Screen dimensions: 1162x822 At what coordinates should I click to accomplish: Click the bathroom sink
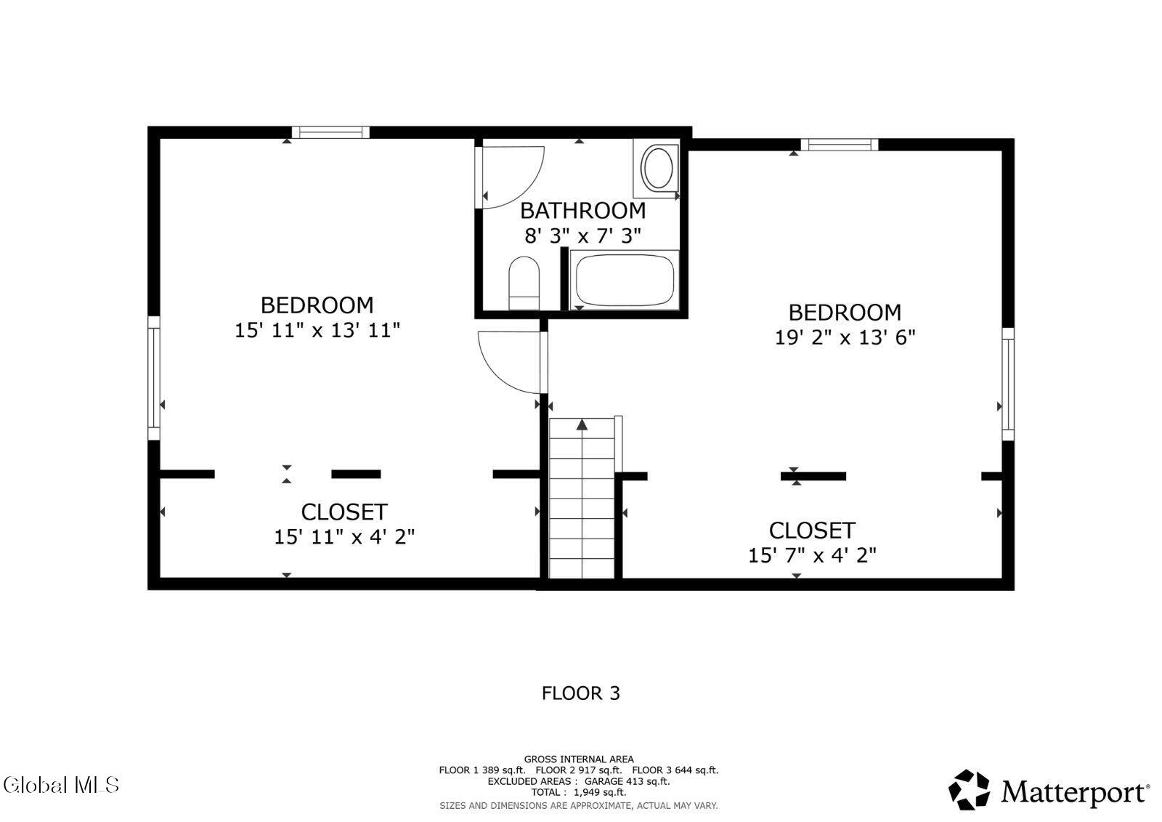pos(657,168)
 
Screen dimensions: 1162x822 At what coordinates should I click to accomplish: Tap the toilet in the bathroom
pos(524,283)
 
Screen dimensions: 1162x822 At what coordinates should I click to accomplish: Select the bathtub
pos(625,281)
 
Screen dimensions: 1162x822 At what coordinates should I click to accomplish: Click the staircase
pos(582,498)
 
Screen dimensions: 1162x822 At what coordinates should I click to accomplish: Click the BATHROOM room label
pos(583,211)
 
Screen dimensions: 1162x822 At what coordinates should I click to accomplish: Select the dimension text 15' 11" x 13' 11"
pos(317,330)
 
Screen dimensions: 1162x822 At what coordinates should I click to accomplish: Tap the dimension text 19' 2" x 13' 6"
pos(845,337)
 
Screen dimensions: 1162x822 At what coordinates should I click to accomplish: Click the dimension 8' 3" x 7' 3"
pos(583,236)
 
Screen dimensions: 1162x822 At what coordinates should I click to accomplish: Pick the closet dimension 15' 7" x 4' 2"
pos(812,555)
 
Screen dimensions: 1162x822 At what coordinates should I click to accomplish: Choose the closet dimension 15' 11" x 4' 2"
pos(344,537)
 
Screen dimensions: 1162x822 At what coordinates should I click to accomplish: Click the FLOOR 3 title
pos(581,693)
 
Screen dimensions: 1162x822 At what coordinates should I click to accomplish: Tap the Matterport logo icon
pos(969,790)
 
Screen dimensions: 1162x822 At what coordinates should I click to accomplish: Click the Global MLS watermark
pos(61,785)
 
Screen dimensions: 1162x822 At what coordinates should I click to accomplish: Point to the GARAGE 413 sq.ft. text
pos(627,781)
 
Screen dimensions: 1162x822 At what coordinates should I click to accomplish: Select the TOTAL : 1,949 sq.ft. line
pos(579,792)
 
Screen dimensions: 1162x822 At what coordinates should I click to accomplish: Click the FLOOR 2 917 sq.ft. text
pos(578,770)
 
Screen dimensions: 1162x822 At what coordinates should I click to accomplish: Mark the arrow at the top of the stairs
pos(582,424)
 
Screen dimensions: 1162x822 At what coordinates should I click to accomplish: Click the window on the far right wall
pos(1008,384)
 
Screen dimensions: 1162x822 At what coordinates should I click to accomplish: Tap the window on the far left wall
pos(154,378)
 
